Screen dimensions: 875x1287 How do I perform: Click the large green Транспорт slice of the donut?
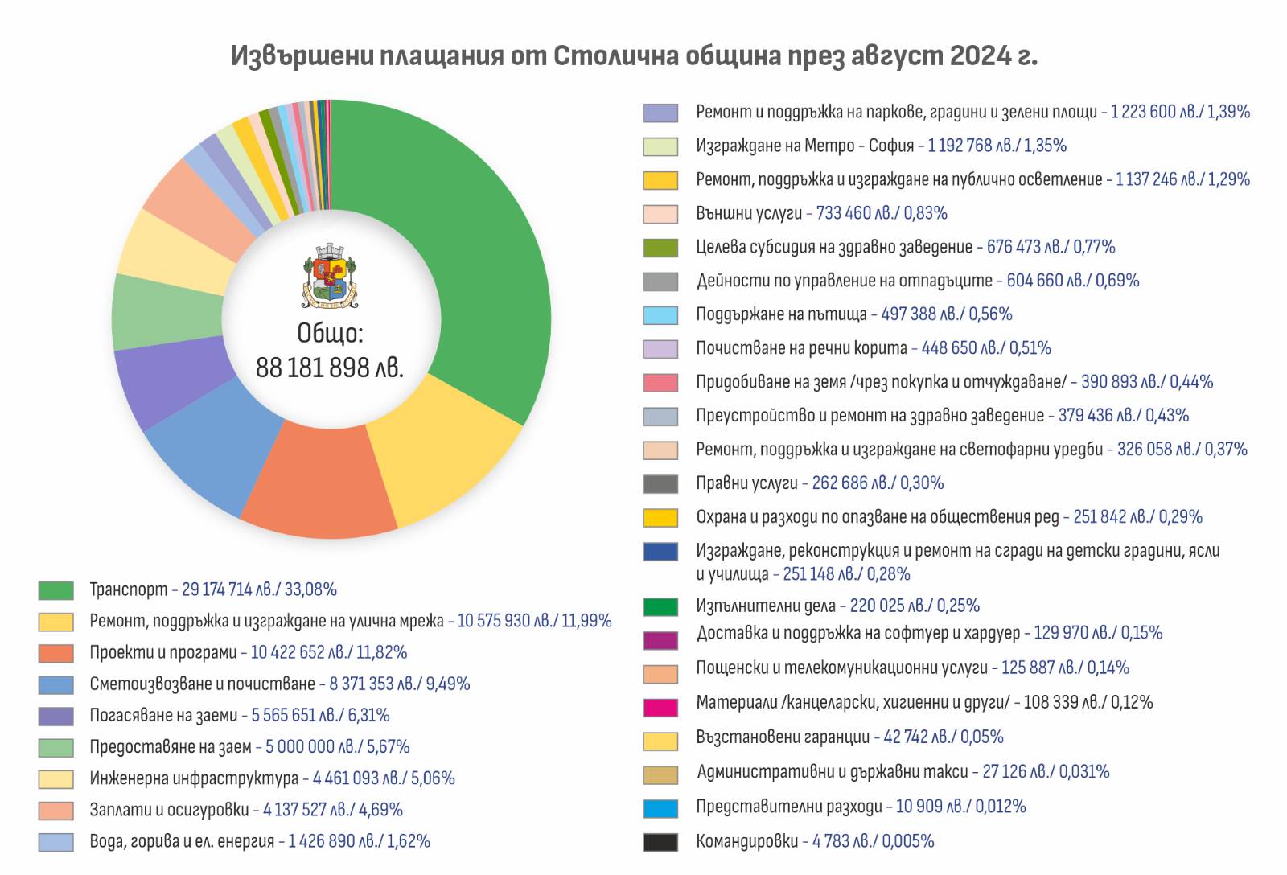[x=475, y=265]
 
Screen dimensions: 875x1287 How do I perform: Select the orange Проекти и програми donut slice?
[x=322, y=483]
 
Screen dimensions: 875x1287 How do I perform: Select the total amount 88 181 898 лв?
[x=330, y=368]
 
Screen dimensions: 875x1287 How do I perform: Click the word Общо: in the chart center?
[x=330, y=333]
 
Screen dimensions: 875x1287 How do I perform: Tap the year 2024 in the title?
[x=981, y=55]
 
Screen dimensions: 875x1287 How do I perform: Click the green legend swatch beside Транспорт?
[x=56, y=590]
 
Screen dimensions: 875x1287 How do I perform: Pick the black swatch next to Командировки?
[x=660, y=842]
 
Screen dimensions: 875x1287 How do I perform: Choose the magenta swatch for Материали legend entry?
[x=660, y=707]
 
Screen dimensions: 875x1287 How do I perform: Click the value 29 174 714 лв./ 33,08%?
[x=259, y=589]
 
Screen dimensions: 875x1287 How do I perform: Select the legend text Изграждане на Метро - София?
[x=805, y=146]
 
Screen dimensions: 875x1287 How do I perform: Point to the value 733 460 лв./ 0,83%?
[x=882, y=213]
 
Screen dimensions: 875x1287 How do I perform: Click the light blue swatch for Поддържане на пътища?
[x=660, y=315]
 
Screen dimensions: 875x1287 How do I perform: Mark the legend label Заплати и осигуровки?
[x=170, y=810]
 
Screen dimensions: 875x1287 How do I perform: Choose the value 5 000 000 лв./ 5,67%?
[x=337, y=746]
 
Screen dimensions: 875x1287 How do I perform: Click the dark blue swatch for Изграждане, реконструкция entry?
[x=660, y=552]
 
